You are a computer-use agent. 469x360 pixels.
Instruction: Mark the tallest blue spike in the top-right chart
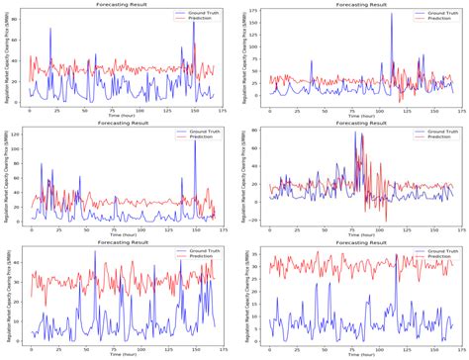coord(391,14)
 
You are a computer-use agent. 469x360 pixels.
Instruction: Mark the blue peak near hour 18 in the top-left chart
coord(50,29)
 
